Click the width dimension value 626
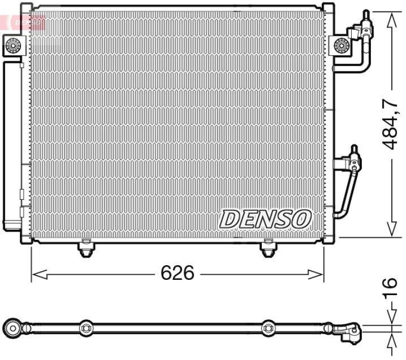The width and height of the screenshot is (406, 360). click(177, 273)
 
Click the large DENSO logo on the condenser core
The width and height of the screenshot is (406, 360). click(265, 219)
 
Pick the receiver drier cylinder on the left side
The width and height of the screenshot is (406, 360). click(11, 142)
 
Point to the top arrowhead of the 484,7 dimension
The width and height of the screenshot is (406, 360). click(391, 18)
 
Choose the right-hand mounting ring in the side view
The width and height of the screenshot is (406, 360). click(267, 329)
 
